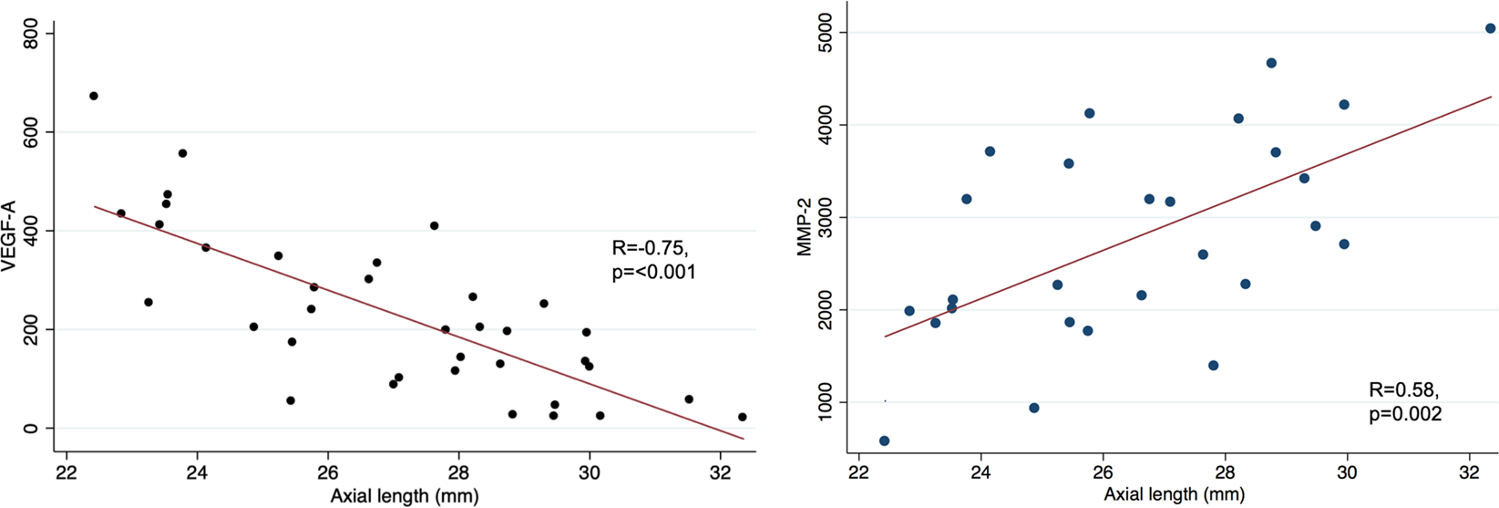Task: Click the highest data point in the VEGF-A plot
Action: tap(93, 96)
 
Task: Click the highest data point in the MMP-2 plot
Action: tap(1490, 28)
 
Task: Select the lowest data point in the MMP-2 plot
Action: tap(884, 441)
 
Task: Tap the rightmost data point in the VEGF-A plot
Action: tap(742, 417)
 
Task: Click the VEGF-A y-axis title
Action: tap(13, 230)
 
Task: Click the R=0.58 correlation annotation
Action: tap(1403, 390)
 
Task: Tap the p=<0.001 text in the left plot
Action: tap(653, 272)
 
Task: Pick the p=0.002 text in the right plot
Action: tap(1405, 414)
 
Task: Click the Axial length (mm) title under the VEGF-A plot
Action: tap(405, 496)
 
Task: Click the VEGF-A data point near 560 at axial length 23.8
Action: tap(182, 153)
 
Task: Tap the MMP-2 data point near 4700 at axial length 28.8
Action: tap(1271, 63)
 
